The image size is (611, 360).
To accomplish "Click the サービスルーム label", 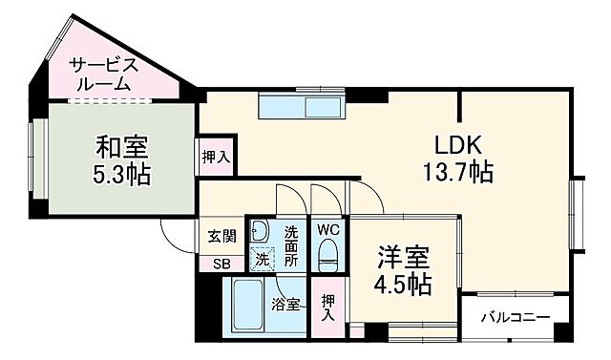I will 106,74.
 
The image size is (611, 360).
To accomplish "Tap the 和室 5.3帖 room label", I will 120,161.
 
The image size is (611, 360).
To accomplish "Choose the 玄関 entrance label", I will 221,237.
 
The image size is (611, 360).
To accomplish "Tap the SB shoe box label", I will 221,265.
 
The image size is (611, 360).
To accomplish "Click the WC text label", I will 327,230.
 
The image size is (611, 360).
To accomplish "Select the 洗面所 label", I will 292,244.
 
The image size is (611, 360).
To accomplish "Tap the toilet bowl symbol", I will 327,254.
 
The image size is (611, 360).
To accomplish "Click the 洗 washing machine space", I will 261,257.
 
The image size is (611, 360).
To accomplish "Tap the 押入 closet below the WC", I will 328,306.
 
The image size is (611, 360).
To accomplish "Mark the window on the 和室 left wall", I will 35,154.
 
